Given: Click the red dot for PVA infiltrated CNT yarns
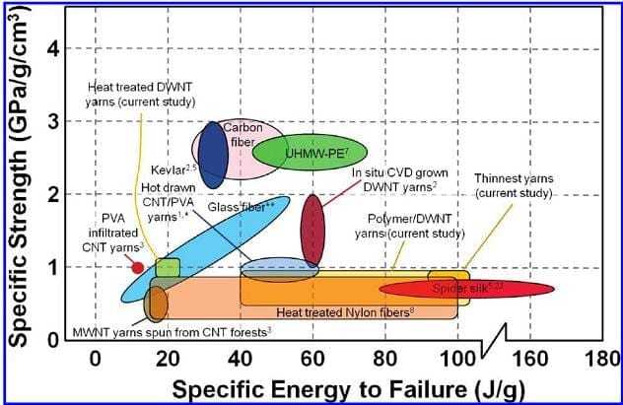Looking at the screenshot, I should coord(137,267).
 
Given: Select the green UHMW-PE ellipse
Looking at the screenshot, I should coord(310,153).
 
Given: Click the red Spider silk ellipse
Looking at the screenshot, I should coord(467,288).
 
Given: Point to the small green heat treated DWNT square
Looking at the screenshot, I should coord(168,267).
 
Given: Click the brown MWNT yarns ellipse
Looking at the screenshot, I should coord(156,303).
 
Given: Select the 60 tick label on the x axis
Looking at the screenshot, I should coord(312,359).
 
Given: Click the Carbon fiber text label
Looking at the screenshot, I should coord(242,135).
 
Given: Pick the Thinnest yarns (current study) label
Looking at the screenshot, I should coord(514,185).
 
